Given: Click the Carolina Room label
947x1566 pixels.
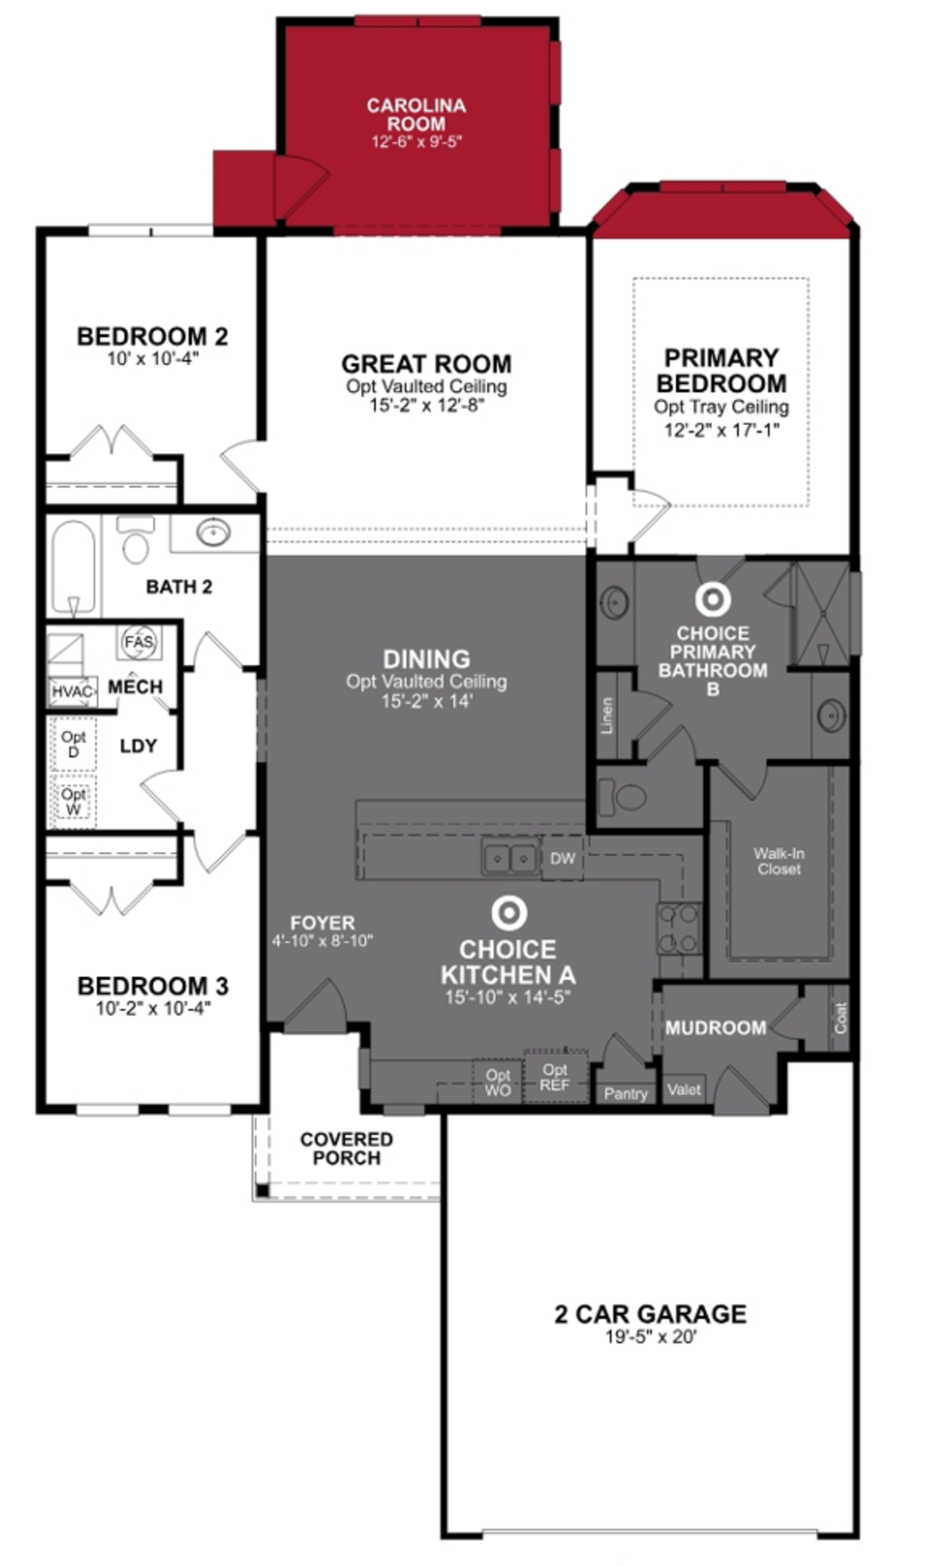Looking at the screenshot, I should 416,115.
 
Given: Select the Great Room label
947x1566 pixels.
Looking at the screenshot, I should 426,364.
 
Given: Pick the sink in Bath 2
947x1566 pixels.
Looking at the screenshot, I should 213,532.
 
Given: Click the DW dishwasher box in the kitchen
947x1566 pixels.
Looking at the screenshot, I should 562,859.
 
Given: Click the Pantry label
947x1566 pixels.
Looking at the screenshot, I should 625,1094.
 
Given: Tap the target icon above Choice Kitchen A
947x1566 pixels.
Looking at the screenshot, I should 509,913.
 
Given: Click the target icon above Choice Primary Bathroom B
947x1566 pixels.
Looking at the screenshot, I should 713,599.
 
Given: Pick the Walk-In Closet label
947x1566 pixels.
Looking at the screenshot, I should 779,861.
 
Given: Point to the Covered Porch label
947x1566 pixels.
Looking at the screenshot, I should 346,1148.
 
